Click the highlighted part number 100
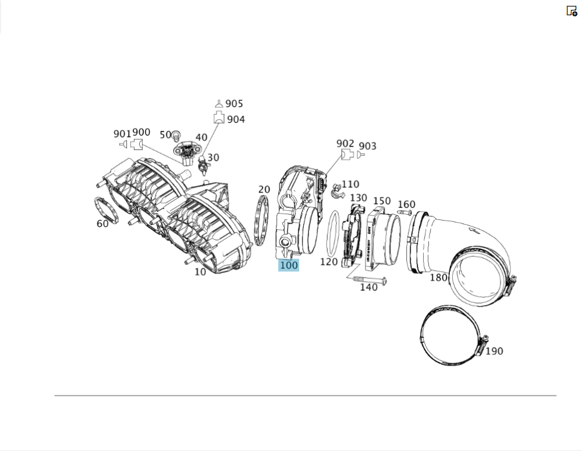point(289,265)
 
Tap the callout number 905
point(234,104)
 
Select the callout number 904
point(236,119)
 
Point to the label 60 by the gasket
point(102,223)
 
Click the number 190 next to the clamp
point(494,351)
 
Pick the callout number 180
point(438,278)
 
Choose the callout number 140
point(368,287)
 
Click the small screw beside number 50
point(176,136)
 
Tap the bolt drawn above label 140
point(370,279)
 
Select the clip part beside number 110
point(337,190)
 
